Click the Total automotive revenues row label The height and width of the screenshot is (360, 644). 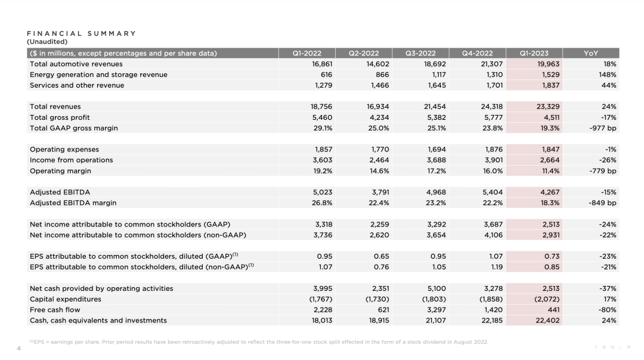[x=76, y=64]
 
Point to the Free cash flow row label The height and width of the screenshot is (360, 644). [x=55, y=310]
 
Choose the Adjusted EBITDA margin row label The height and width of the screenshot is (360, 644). [x=73, y=203]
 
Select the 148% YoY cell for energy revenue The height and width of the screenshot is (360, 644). [x=608, y=75]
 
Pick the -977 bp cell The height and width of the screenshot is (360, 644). [x=602, y=128]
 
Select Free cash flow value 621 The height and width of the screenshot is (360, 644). [x=384, y=310]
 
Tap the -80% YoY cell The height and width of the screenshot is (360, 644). [x=608, y=310]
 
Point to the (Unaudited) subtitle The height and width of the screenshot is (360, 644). [x=47, y=42]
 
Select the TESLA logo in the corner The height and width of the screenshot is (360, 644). [x=612, y=347]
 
